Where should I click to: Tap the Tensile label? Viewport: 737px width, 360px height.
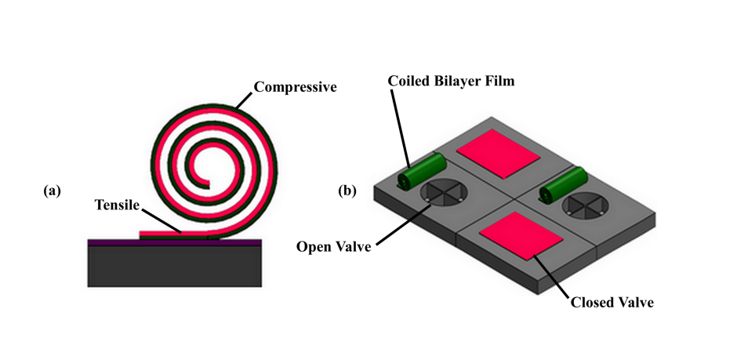(114, 205)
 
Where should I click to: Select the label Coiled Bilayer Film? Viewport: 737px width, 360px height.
(451, 81)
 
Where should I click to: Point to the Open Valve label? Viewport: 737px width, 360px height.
(332, 247)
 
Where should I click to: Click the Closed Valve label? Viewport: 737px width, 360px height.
(612, 300)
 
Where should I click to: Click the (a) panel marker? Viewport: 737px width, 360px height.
(53, 190)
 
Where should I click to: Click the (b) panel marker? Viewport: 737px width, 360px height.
(347, 190)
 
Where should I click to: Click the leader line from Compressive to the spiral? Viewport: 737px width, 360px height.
(245, 100)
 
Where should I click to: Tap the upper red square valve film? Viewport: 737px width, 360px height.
(498, 153)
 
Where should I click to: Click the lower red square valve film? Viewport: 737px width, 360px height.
(521, 234)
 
